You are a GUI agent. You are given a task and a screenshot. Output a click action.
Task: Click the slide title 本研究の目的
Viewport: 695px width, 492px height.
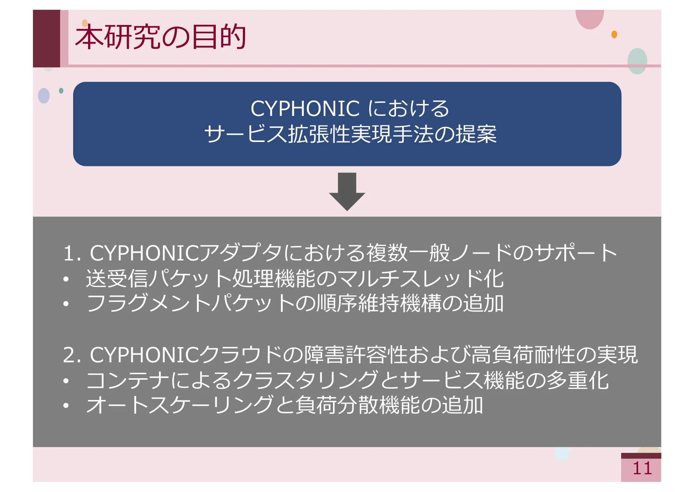(160, 37)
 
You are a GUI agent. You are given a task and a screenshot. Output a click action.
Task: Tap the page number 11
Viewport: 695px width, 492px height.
(642, 468)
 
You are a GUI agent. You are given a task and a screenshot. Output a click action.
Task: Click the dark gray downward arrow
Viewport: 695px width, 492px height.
(347, 191)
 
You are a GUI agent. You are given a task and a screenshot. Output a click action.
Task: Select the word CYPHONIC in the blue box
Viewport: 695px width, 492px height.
(305, 108)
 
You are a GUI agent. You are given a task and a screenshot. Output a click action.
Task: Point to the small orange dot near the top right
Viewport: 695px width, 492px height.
(614, 34)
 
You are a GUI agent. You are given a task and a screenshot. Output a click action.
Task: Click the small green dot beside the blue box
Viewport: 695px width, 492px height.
(61, 91)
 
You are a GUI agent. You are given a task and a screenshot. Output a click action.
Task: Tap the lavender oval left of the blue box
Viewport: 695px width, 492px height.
(44, 96)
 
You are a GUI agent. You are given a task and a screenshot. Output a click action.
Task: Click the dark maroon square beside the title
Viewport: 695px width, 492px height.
(46, 38)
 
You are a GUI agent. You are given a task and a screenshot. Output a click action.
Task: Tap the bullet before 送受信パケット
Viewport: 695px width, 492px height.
(66, 279)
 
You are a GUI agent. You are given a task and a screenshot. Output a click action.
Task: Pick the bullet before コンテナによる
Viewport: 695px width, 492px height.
(66, 381)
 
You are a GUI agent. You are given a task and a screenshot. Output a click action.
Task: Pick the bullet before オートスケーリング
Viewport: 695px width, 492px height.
(66, 405)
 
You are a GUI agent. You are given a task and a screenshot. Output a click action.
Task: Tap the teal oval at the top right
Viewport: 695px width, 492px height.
(637, 61)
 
